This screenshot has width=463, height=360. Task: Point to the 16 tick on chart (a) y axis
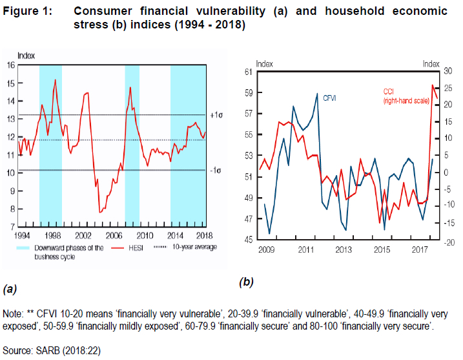11,65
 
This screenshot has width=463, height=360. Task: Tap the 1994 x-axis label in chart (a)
23,235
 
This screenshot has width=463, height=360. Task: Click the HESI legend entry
133,248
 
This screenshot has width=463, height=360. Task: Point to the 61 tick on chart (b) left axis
249,71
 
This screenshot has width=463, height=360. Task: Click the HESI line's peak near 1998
55,80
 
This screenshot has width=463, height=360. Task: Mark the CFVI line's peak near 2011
317,94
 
